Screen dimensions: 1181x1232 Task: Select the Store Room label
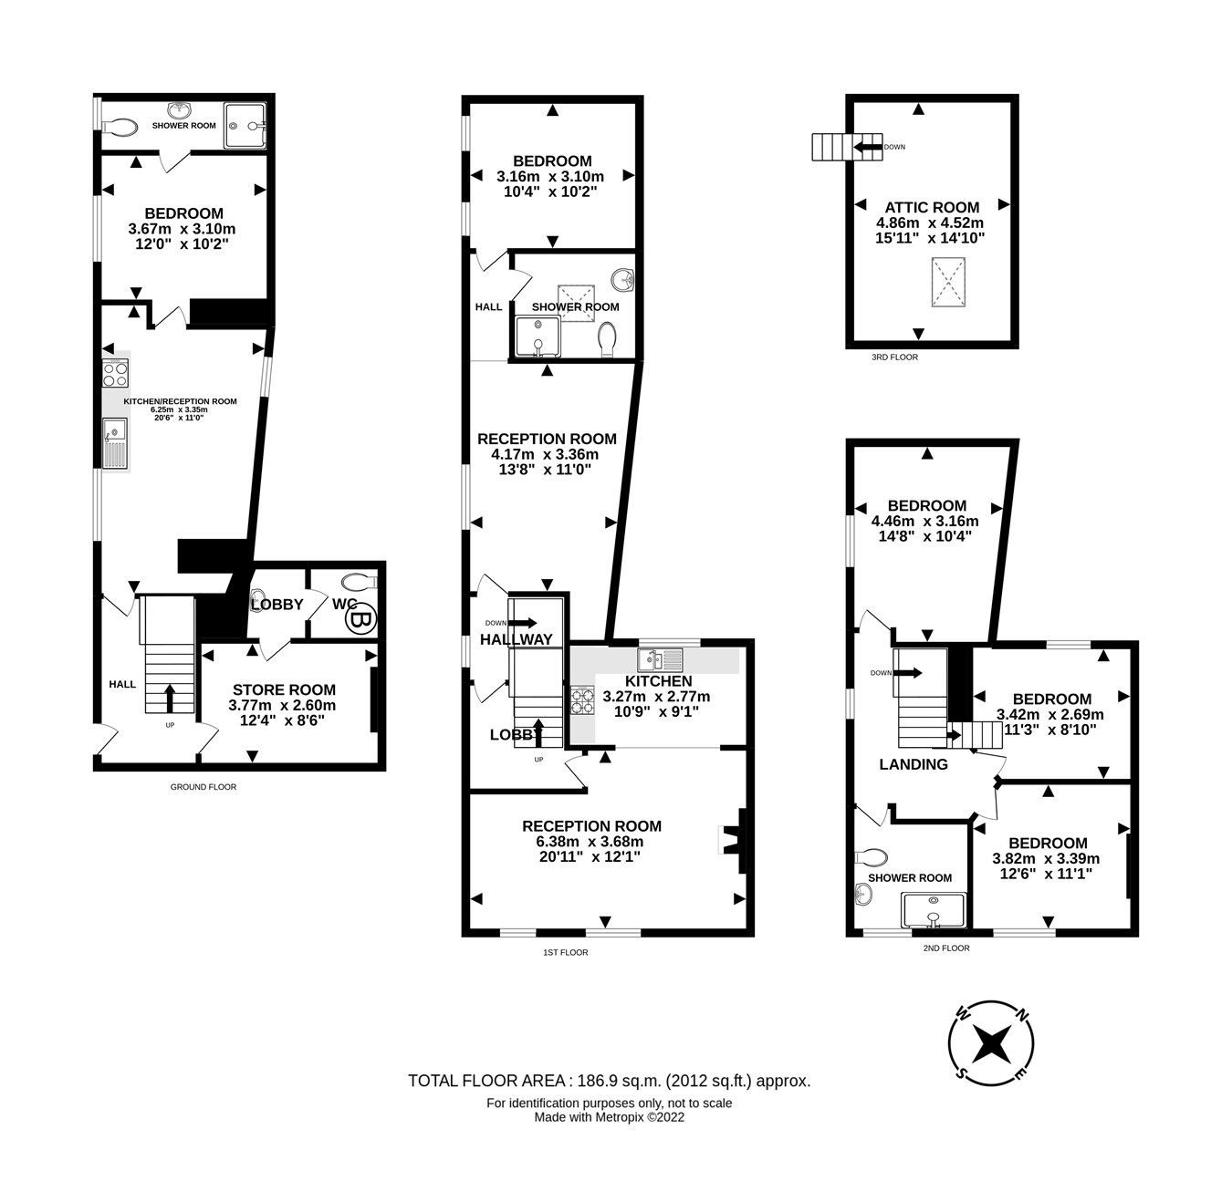click(x=284, y=690)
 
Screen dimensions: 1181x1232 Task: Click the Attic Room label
click(x=931, y=207)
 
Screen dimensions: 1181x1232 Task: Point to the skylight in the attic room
click(x=947, y=285)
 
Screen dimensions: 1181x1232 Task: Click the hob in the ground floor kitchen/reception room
click(x=115, y=374)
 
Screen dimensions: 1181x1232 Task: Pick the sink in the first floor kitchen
click(x=661, y=658)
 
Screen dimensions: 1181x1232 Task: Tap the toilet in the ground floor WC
click(x=360, y=582)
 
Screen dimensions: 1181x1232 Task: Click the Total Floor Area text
click(x=609, y=1082)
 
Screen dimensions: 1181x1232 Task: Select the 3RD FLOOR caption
click(x=894, y=357)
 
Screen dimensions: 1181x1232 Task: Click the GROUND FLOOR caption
click(x=204, y=787)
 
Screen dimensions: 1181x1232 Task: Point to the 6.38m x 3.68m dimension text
click(x=591, y=842)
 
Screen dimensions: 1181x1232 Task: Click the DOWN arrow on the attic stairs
click(x=868, y=147)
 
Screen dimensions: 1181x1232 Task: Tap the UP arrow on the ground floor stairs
click(x=170, y=699)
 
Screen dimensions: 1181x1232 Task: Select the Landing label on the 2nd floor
click(x=913, y=764)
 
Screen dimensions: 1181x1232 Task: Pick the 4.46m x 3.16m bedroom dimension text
click(x=925, y=521)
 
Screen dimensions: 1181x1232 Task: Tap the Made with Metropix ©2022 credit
click(x=609, y=1117)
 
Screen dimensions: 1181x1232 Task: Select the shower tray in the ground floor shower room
click(x=246, y=118)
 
